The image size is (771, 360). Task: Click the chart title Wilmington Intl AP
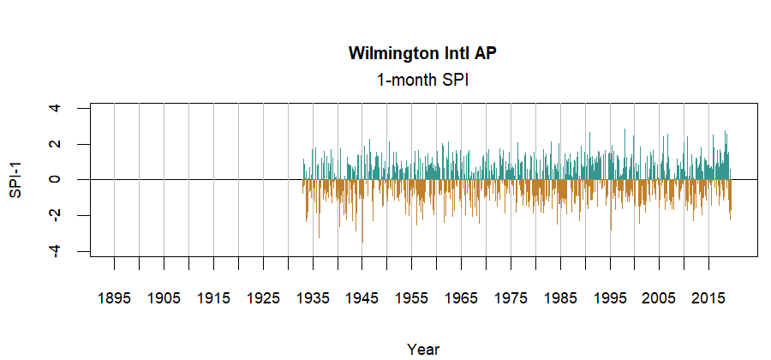(423, 53)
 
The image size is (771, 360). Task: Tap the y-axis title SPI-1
(15, 180)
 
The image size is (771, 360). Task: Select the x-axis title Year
(423, 349)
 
